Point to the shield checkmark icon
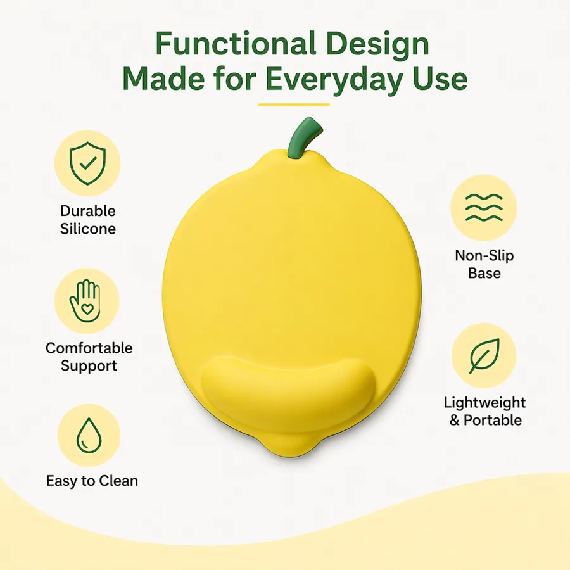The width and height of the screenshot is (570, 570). pyautogui.click(x=87, y=163)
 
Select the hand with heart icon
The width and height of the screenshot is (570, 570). pyautogui.click(x=85, y=301)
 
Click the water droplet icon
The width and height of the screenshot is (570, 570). pyautogui.click(x=89, y=436)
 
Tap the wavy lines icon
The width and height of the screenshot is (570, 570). pyautogui.click(x=484, y=208)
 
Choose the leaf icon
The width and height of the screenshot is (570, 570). pyautogui.click(x=484, y=356)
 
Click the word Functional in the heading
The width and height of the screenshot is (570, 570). pyautogui.click(x=236, y=44)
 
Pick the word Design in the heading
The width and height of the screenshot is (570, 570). pyautogui.click(x=377, y=44)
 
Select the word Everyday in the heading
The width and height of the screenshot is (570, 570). pyautogui.click(x=334, y=79)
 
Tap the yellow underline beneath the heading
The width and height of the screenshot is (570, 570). pyautogui.click(x=294, y=104)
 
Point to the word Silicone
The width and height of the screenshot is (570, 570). pyautogui.click(x=88, y=229)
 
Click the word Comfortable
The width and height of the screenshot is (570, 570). pyautogui.click(x=89, y=348)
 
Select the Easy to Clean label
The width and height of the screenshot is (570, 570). pyautogui.click(x=92, y=481)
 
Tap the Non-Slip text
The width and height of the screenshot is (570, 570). pyautogui.click(x=484, y=256)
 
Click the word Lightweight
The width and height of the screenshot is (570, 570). pyautogui.click(x=484, y=403)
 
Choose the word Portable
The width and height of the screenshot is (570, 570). pyautogui.click(x=493, y=421)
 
